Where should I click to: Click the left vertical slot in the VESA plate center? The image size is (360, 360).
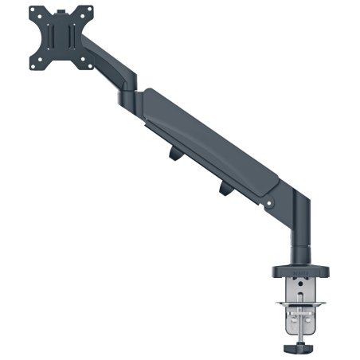tap(53, 39)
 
